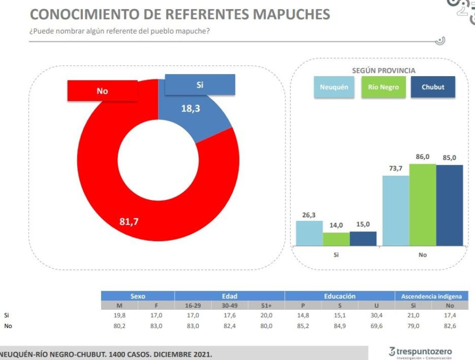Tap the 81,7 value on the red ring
coord(129,222)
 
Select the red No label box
coord(102,91)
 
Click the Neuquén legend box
coord(334,87)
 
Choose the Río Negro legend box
coord(384,87)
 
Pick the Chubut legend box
coord(433,87)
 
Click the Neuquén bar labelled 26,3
coord(309,233)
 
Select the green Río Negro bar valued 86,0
coord(423,205)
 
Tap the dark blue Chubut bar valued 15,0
coord(363,238)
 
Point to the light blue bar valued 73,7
coord(396,211)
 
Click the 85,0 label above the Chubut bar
coord(449,158)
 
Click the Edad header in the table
coord(230,296)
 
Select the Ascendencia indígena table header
coord(431,296)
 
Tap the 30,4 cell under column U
coord(376,315)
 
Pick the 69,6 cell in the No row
coord(376,326)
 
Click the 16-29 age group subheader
coord(193,305)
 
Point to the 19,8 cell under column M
coord(120,315)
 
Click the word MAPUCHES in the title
coord(292,14)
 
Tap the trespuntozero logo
coord(420,353)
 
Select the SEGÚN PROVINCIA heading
coord(384,70)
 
